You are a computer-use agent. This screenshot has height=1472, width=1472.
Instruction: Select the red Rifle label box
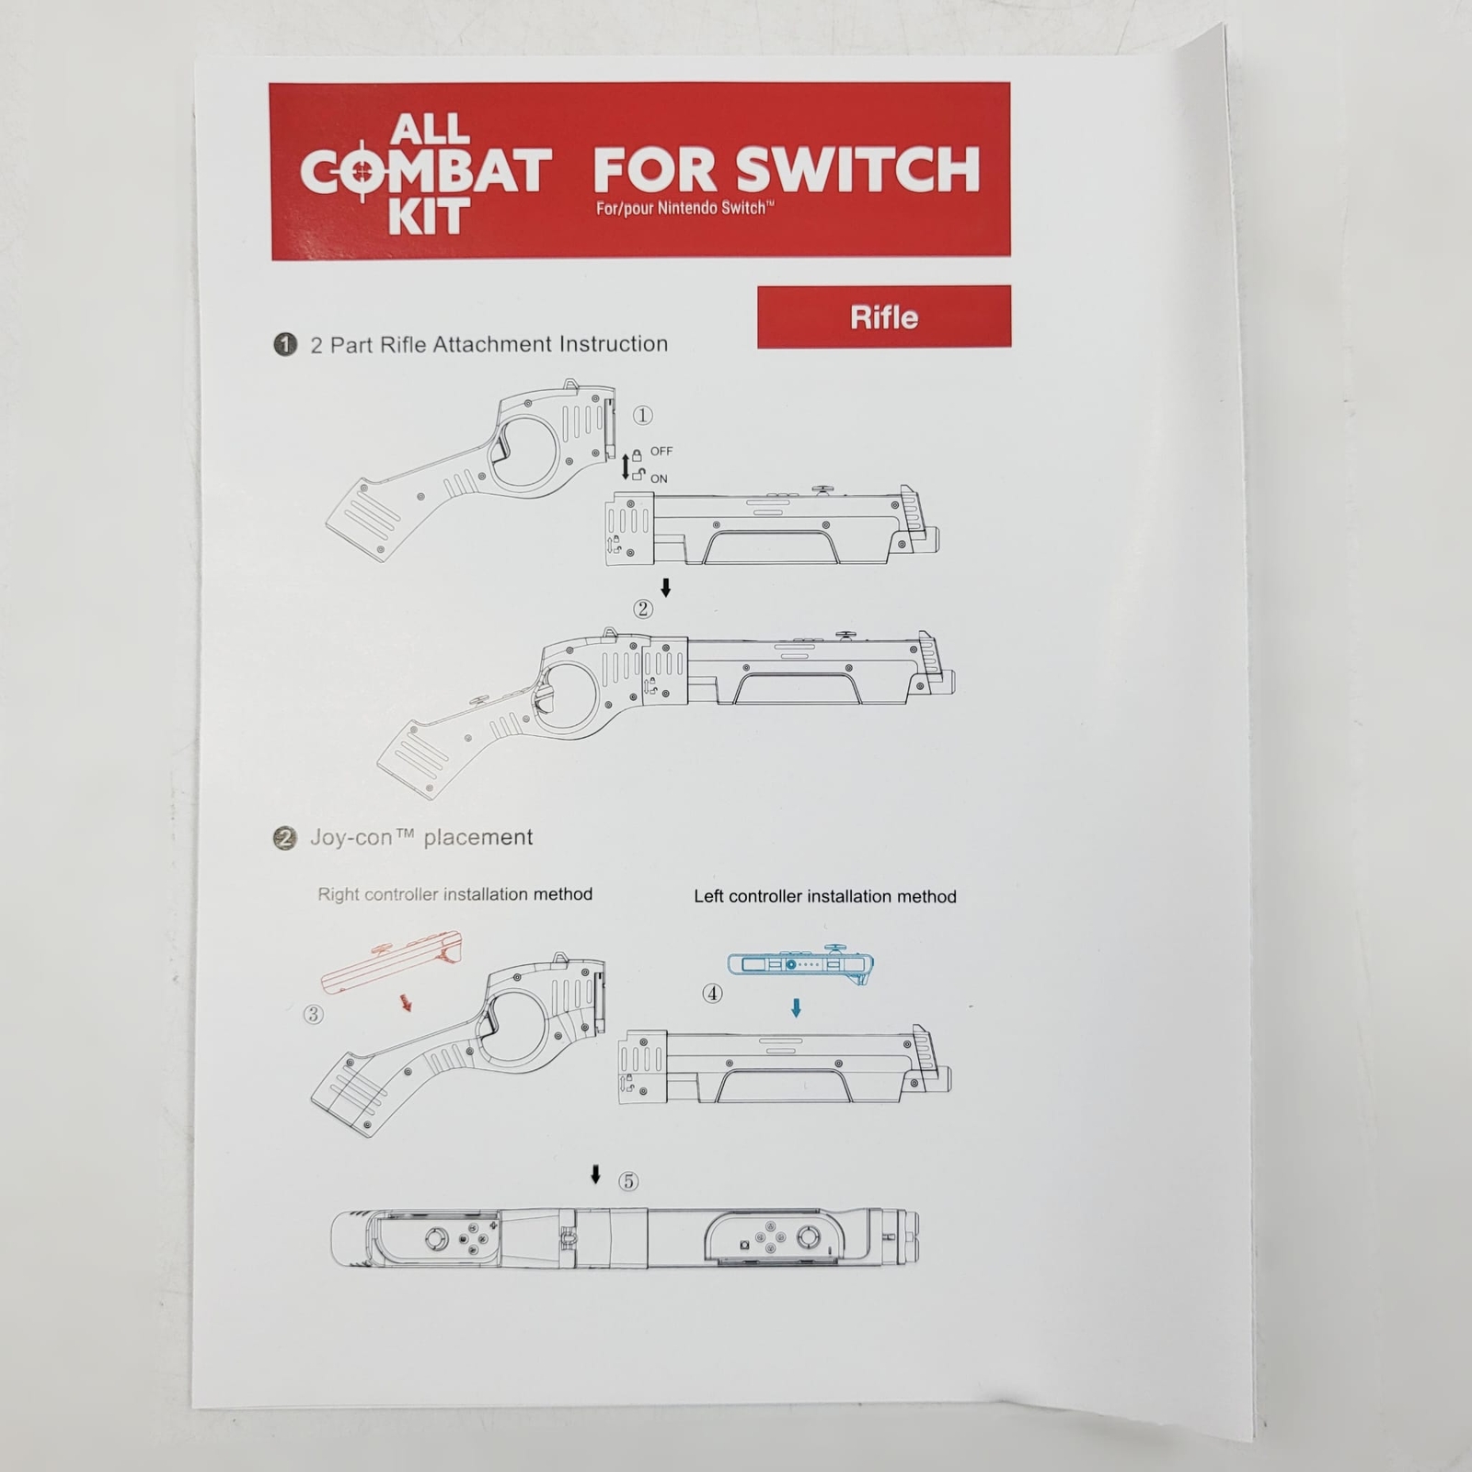coord(884,316)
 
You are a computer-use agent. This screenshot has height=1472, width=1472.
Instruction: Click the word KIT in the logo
coord(429,217)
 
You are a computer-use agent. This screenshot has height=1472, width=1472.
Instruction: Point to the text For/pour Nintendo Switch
coord(684,208)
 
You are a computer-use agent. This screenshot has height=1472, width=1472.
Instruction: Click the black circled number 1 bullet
coord(285,345)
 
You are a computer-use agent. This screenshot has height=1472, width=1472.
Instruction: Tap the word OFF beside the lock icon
coord(661,451)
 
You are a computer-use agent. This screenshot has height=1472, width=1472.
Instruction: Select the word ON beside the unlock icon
coord(659,478)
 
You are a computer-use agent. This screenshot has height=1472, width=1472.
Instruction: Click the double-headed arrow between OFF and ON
coord(626,466)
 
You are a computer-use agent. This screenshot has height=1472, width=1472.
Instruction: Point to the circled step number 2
coord(643,608)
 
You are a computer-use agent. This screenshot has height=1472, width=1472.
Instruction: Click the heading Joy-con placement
coord(421,837)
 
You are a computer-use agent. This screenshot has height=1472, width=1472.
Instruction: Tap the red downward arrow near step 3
coord(405,1002)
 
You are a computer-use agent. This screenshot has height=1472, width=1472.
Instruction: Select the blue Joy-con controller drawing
coord(800,964)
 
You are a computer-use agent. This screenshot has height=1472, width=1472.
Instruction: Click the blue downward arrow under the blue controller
coord(797,1008)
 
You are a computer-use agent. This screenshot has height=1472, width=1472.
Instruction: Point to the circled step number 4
coord(712,994)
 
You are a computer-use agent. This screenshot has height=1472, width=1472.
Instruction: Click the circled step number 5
coord(628,1181)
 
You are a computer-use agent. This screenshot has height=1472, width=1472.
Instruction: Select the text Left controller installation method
coord(825,896)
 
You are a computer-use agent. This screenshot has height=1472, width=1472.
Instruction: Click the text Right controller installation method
coord(454,894)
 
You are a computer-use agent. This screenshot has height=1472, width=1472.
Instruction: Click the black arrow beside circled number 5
coord(596,1175)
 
